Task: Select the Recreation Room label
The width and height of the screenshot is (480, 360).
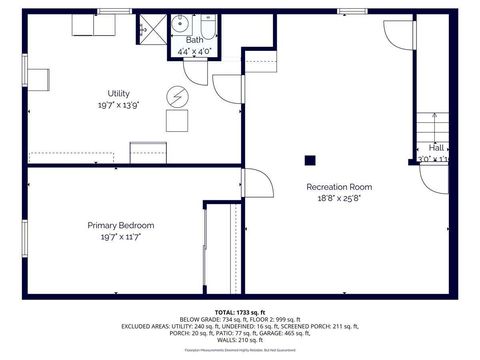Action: pos(339,187)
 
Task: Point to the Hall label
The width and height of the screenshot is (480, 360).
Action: pos(436,147)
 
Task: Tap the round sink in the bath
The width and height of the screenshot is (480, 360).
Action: pos(182,24)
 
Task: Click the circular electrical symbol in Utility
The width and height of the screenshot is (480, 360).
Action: pos(176,96)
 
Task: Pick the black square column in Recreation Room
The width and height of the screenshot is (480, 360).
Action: pos(310,159)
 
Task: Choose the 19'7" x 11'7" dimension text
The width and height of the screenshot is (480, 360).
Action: pos(119,237)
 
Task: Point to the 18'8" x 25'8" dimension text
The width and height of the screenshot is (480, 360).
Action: pos(339,198)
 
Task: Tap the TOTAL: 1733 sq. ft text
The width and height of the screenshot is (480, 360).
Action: pos(240,312)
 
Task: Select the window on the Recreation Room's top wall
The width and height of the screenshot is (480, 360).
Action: pos(351,11)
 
